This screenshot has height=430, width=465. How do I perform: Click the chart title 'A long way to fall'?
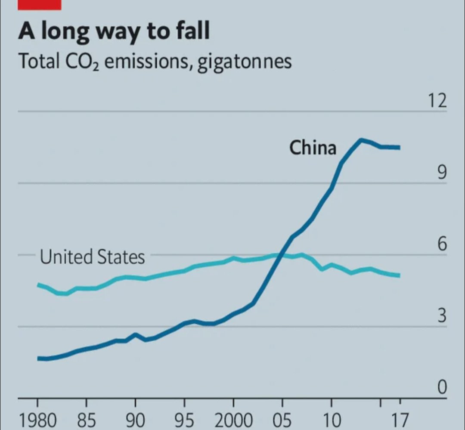coord(114,31)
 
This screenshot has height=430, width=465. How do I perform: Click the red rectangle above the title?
coord(40,4)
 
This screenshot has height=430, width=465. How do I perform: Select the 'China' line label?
coord(313,148)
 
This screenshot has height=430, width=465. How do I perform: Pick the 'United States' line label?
coord(92,257)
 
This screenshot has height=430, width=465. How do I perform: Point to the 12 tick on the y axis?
coord(437,101)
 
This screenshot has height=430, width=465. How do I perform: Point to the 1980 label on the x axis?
coord(37,420)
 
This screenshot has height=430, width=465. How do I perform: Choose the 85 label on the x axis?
coord(87,420)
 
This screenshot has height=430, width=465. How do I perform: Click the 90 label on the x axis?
coord(135,420)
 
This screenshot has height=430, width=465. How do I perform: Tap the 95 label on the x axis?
coord(184,420)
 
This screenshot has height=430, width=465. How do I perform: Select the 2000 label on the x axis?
coord(233,420)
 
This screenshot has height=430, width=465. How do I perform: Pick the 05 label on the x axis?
coord(282,420)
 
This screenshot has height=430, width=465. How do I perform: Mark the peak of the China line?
coord(361,139)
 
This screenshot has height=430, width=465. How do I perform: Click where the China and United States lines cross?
coord(281,255)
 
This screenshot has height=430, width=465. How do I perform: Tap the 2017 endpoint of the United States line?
coord(399,275)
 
